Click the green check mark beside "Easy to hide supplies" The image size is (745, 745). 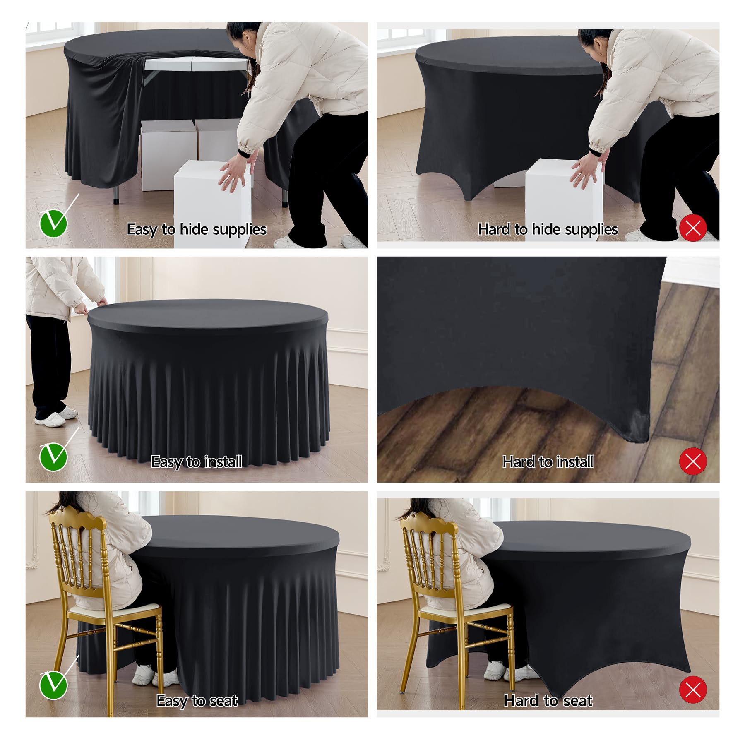click(x=53, y=223)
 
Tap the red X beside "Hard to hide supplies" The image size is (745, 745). click(x=693, y=228)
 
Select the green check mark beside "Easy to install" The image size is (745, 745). click(x=53, y=457)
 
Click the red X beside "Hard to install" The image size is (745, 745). click(x=693, y=461)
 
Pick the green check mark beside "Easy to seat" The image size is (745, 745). click(x=53, y=685)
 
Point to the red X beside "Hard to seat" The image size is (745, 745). click(x=693, y=690)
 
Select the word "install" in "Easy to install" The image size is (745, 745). click(x=223, y=461)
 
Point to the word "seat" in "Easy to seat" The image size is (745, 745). click(x=223, y=700)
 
